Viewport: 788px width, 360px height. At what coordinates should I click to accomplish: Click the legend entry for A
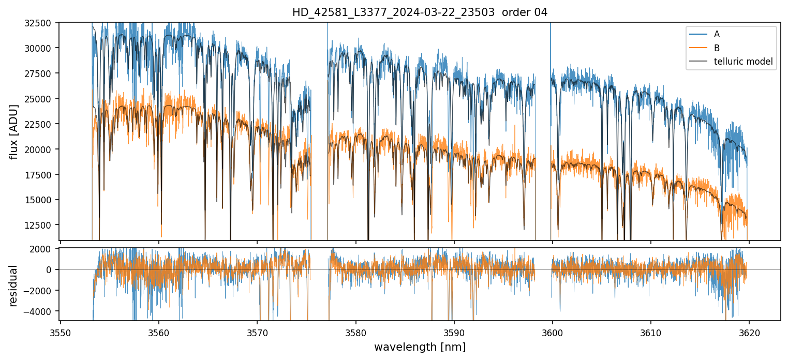pyautogui.click(x=717, y=34)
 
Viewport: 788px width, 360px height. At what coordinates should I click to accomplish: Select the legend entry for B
pyautogui.click(x=717, y=48)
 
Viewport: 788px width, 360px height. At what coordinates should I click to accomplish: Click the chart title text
pyautogui.click(x=420, y=12)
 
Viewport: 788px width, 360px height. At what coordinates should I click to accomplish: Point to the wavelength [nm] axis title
pyautogui.click(x=420, y=347)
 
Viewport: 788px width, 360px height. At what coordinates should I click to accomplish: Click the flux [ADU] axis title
pyautogui.click(x=14, y=131)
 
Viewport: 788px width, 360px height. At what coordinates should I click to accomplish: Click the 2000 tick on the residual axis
pyautogui.click(x=43, y=249)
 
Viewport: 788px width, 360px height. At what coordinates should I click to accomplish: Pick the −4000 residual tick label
pyautogui.click(x=41, y=311)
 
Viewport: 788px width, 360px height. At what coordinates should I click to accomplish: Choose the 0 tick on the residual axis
pyautogui.click(x=51, y=269)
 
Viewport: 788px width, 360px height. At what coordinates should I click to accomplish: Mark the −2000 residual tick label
pyautogui.click(x=41, y=291)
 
